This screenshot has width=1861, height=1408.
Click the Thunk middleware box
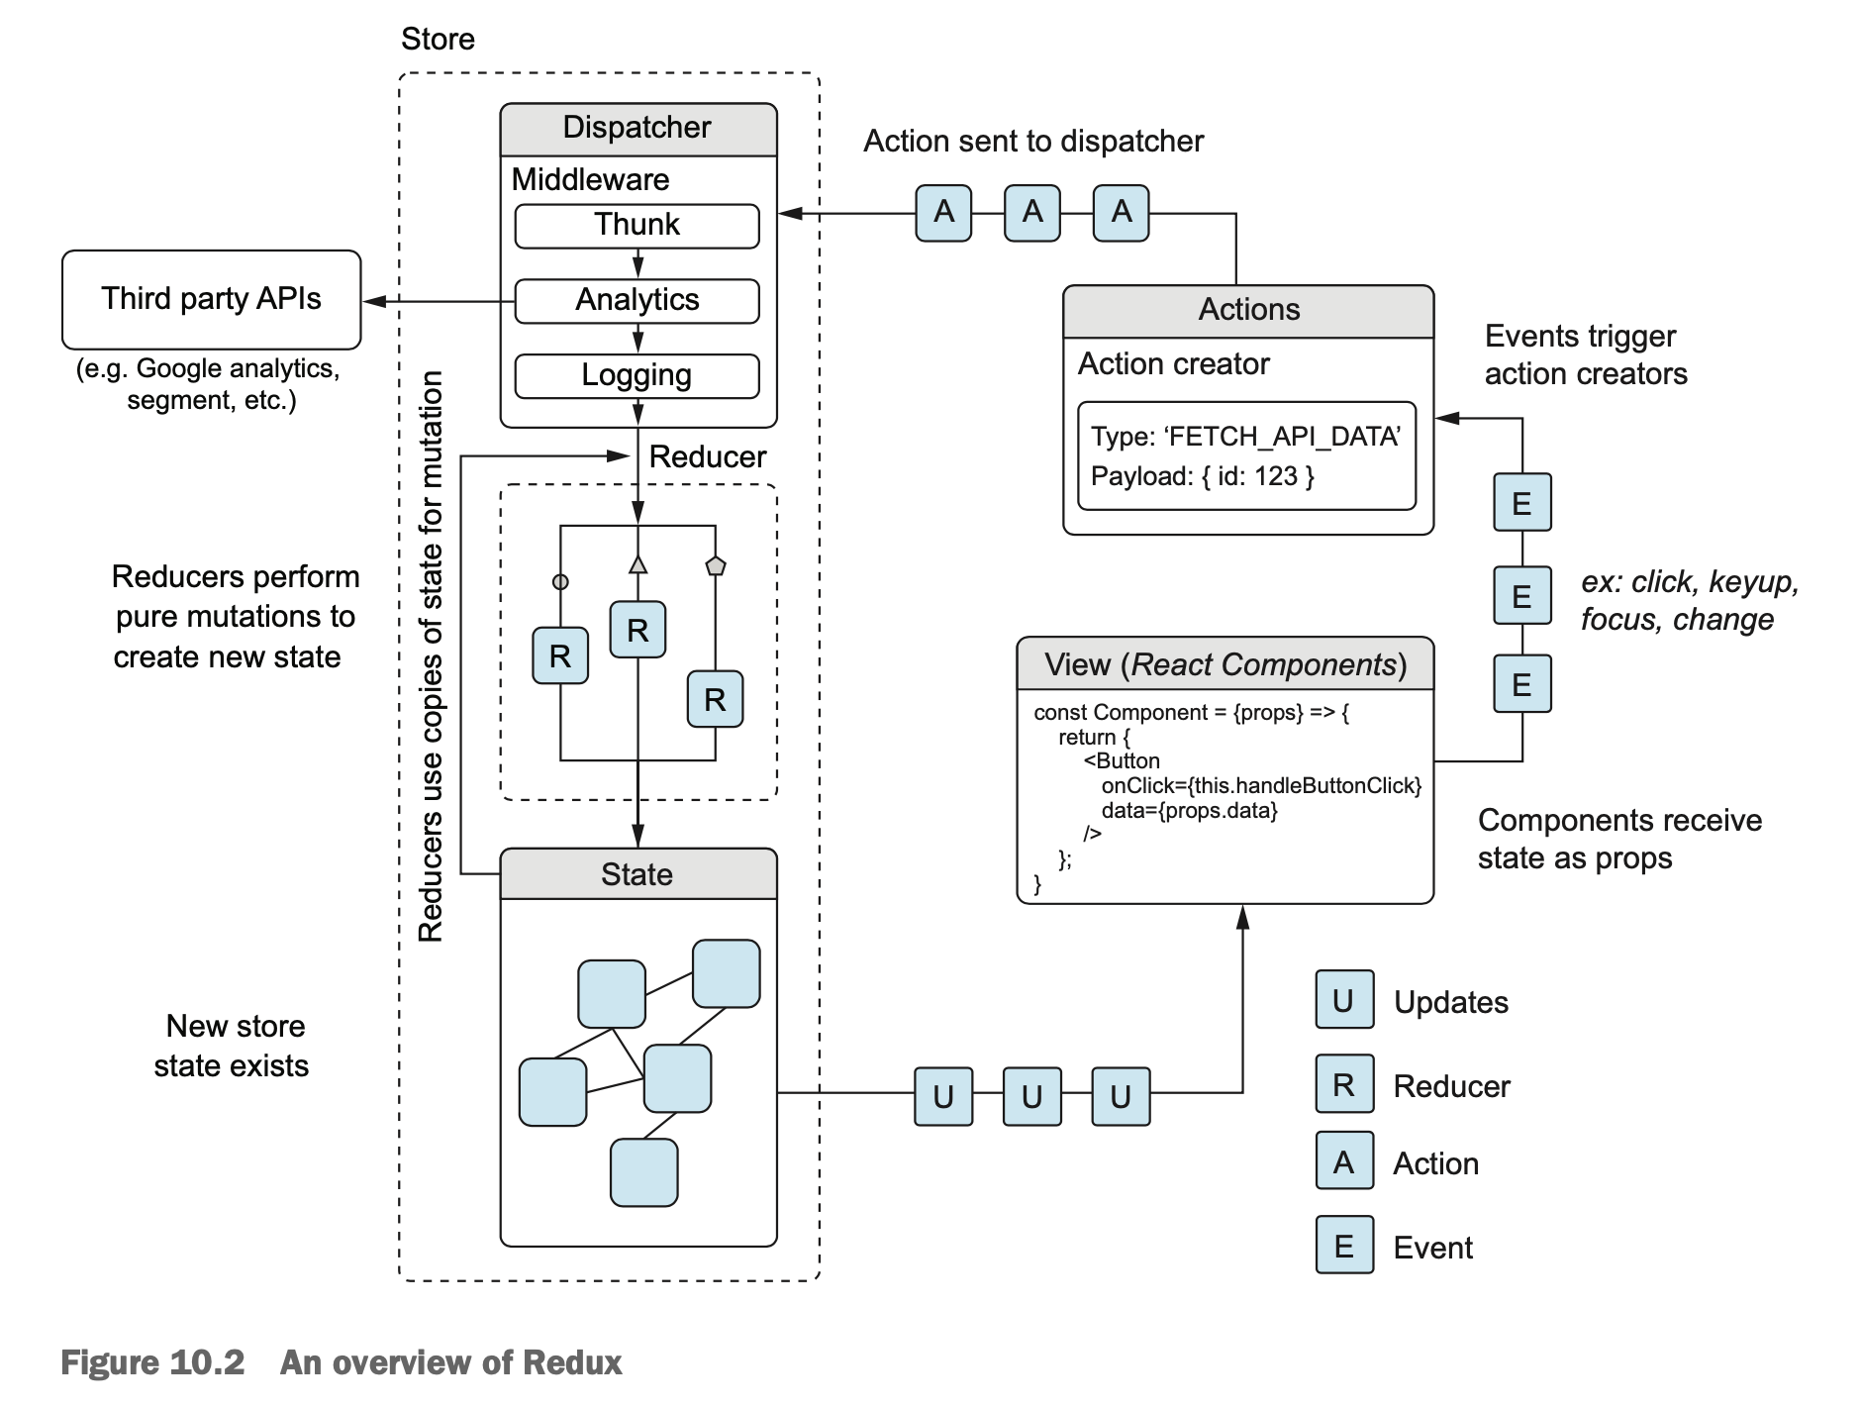tap(637, 226)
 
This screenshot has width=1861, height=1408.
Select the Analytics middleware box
tap(637, 300)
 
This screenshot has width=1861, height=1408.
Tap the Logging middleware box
tap(637, 375)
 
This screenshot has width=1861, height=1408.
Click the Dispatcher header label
tap(637, 128)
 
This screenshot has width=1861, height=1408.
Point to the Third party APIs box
tap(211, 299)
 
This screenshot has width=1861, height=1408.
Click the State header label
tap(637, 874)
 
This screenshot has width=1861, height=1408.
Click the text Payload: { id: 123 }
tap(1202, 476)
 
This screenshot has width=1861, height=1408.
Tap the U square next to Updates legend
tap(1343, 1000)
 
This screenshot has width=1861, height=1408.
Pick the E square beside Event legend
tap(1343, 1246)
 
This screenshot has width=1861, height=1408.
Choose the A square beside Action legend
tap(1343, 1161)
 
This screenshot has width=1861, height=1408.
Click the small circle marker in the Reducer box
tap(560, 582)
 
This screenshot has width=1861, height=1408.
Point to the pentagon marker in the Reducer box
tap(715, 566)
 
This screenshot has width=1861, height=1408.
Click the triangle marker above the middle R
tap(637, 564)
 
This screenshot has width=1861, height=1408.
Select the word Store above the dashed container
tap(438, 40)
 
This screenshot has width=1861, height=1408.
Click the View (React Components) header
tap(1224, 664)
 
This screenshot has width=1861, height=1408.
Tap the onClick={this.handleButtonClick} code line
tap(1260, 786)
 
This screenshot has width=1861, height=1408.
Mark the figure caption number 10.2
tap(206, 1363)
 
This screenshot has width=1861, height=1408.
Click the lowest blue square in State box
tap(643, 1172)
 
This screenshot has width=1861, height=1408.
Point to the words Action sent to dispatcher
tap(1032, 142)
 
